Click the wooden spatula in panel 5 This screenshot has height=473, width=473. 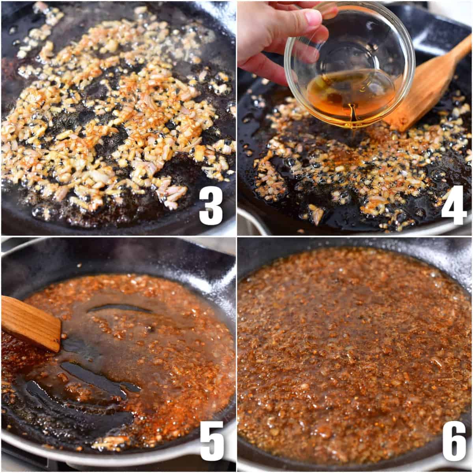click(x=30, y=323)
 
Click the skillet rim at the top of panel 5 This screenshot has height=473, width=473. click(x=118, y=248)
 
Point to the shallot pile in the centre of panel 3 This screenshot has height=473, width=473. click(x=118, y=118)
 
